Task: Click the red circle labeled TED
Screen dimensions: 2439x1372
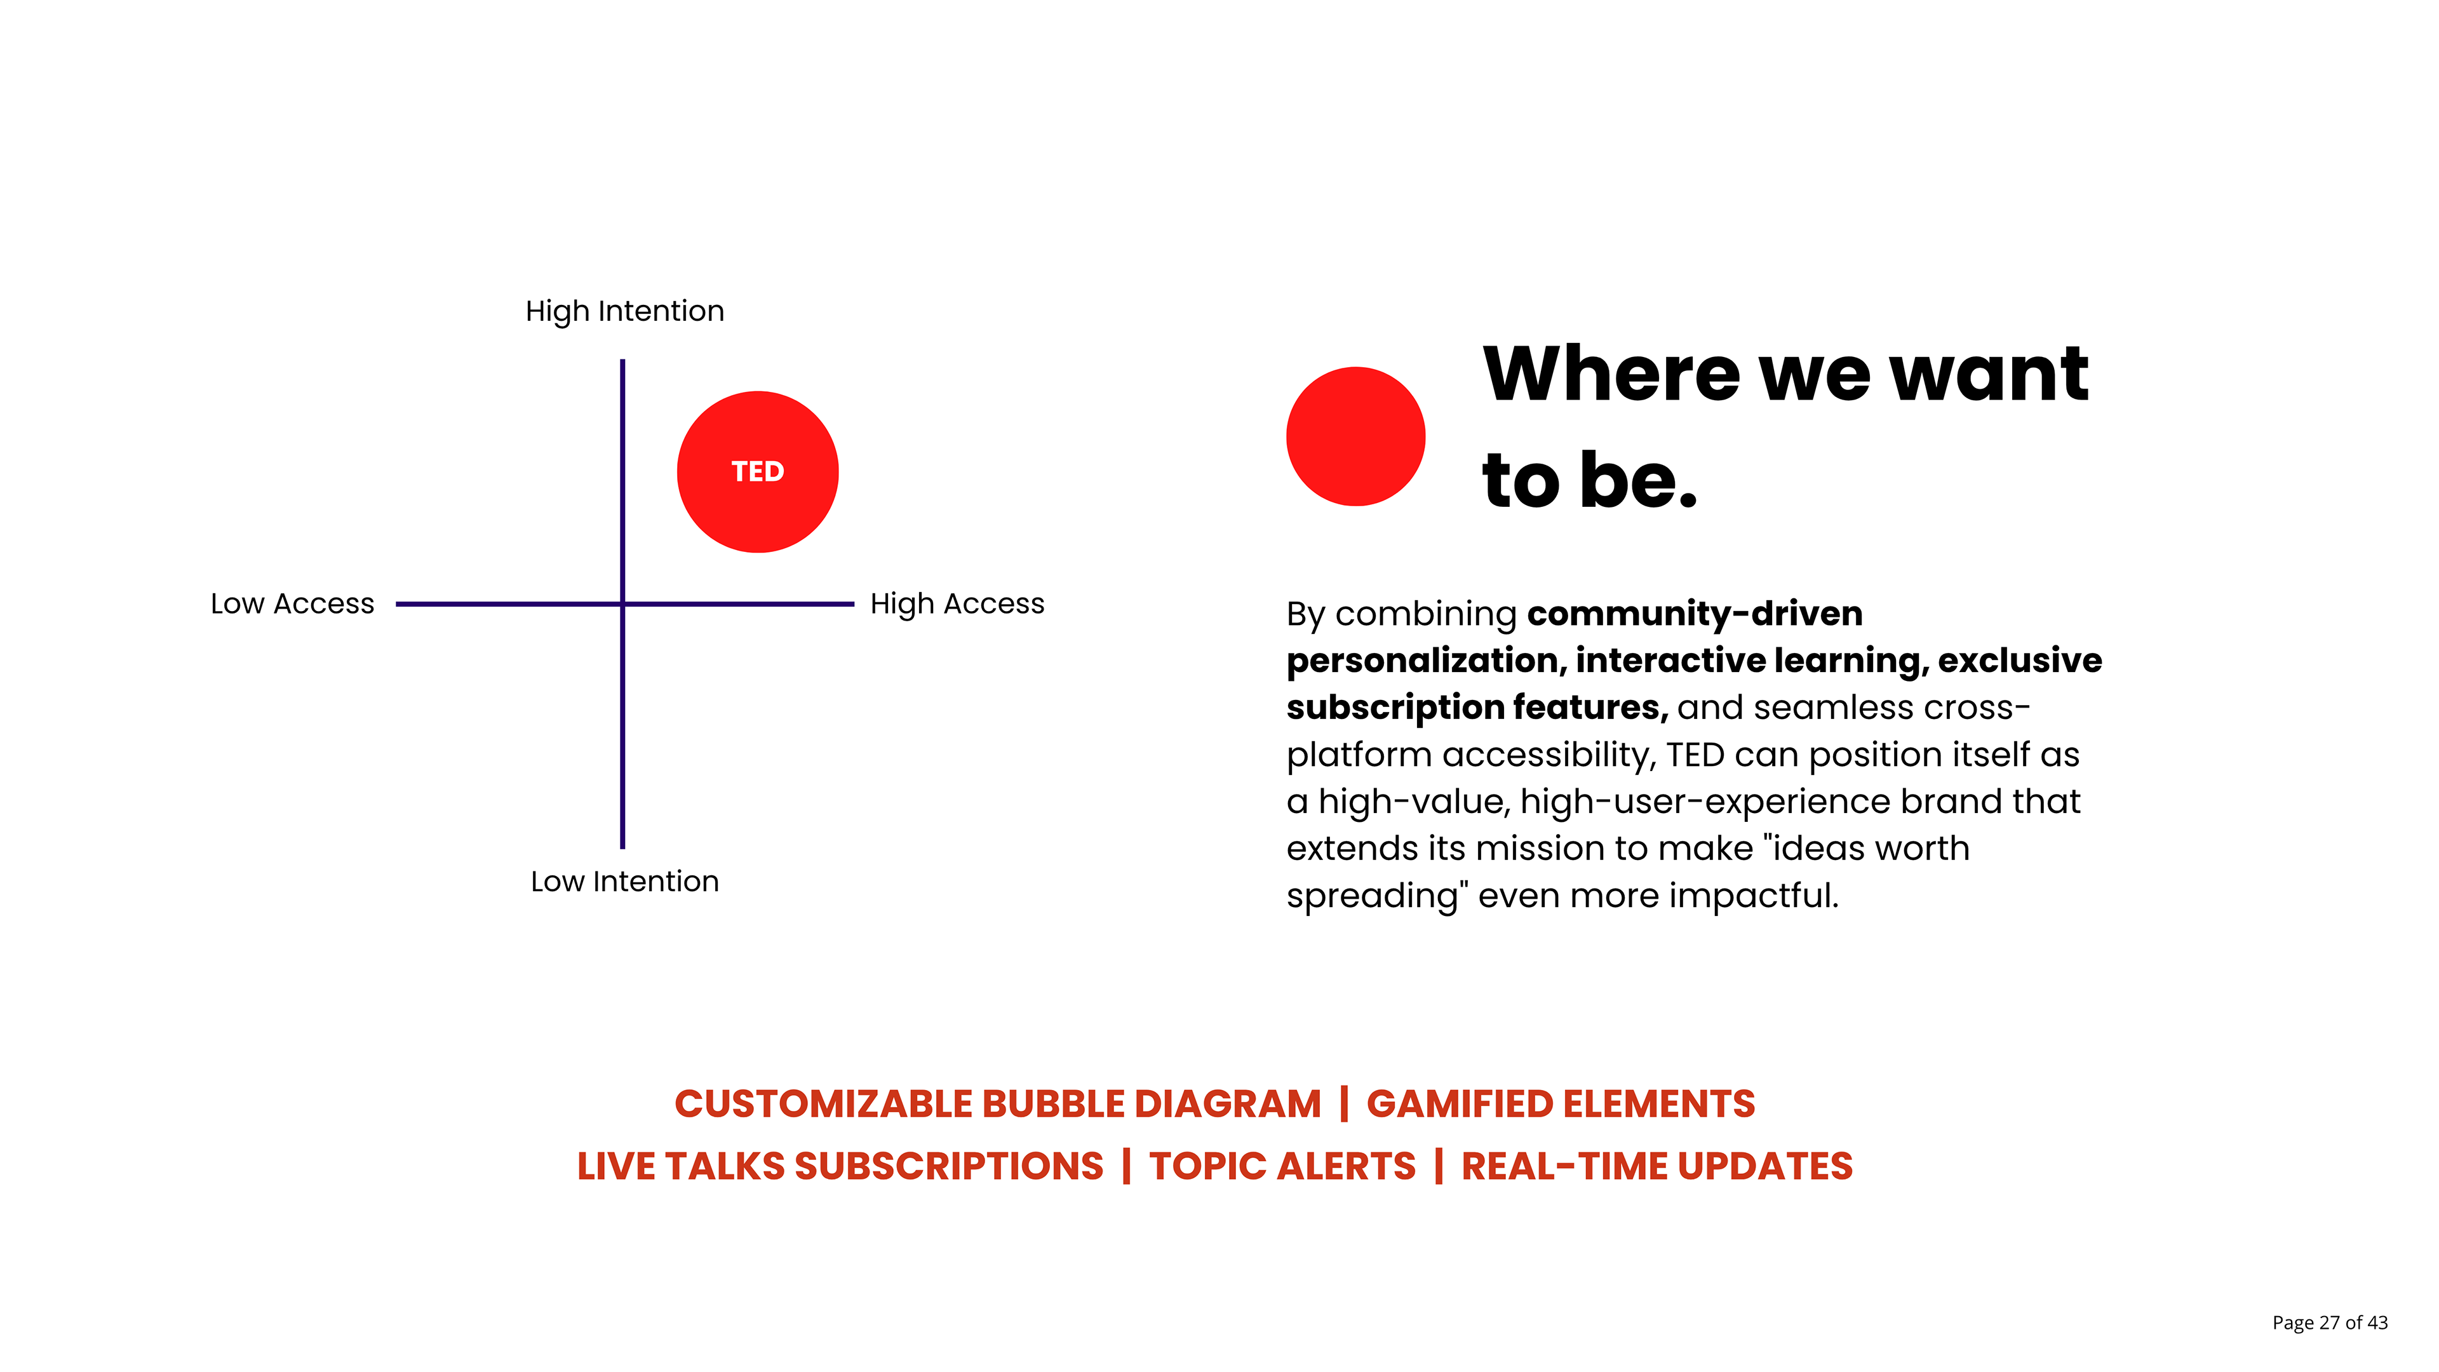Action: coord(758,471)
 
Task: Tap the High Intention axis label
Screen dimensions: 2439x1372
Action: coord(625,311)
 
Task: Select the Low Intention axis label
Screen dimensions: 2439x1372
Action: coord(625,882)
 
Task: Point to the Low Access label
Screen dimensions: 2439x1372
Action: coord(293,603)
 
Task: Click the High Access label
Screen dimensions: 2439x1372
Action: coord(957,604)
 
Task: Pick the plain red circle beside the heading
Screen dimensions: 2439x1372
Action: coord(1356,436)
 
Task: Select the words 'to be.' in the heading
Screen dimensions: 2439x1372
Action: coord(1590,480)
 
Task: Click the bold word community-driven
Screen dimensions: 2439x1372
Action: coord(1695,614)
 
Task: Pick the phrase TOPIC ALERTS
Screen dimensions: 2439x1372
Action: coord(1283,1167)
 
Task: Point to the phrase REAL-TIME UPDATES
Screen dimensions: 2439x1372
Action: coord(1657,1167)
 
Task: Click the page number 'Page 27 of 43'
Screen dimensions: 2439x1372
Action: coord(2330,1322)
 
